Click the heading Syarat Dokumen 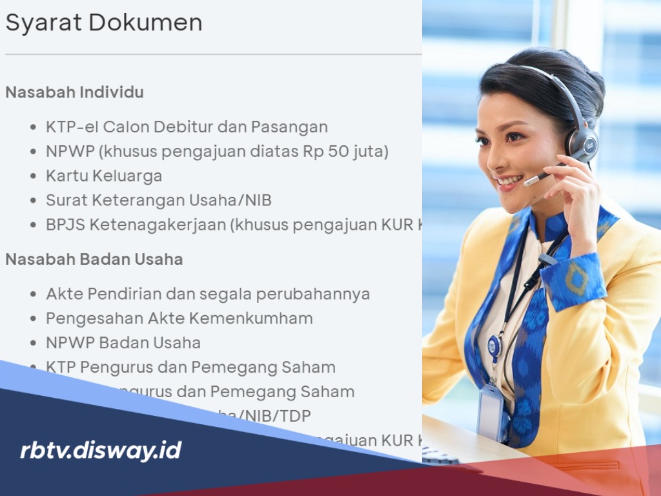click(x=104, y=23)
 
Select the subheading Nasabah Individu click(x=74, y=92)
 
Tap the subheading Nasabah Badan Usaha click(x=94, y=259)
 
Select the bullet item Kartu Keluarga click(x=103, y=176)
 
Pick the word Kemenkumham click(x=265, y=318)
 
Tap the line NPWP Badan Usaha click(x=123, y=343)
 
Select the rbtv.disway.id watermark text click(x=101, y=451)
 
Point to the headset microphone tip click(x=529, y=182)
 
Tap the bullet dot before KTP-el click(x=33, y=127)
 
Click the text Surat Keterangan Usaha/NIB click(x=158, y=200)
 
